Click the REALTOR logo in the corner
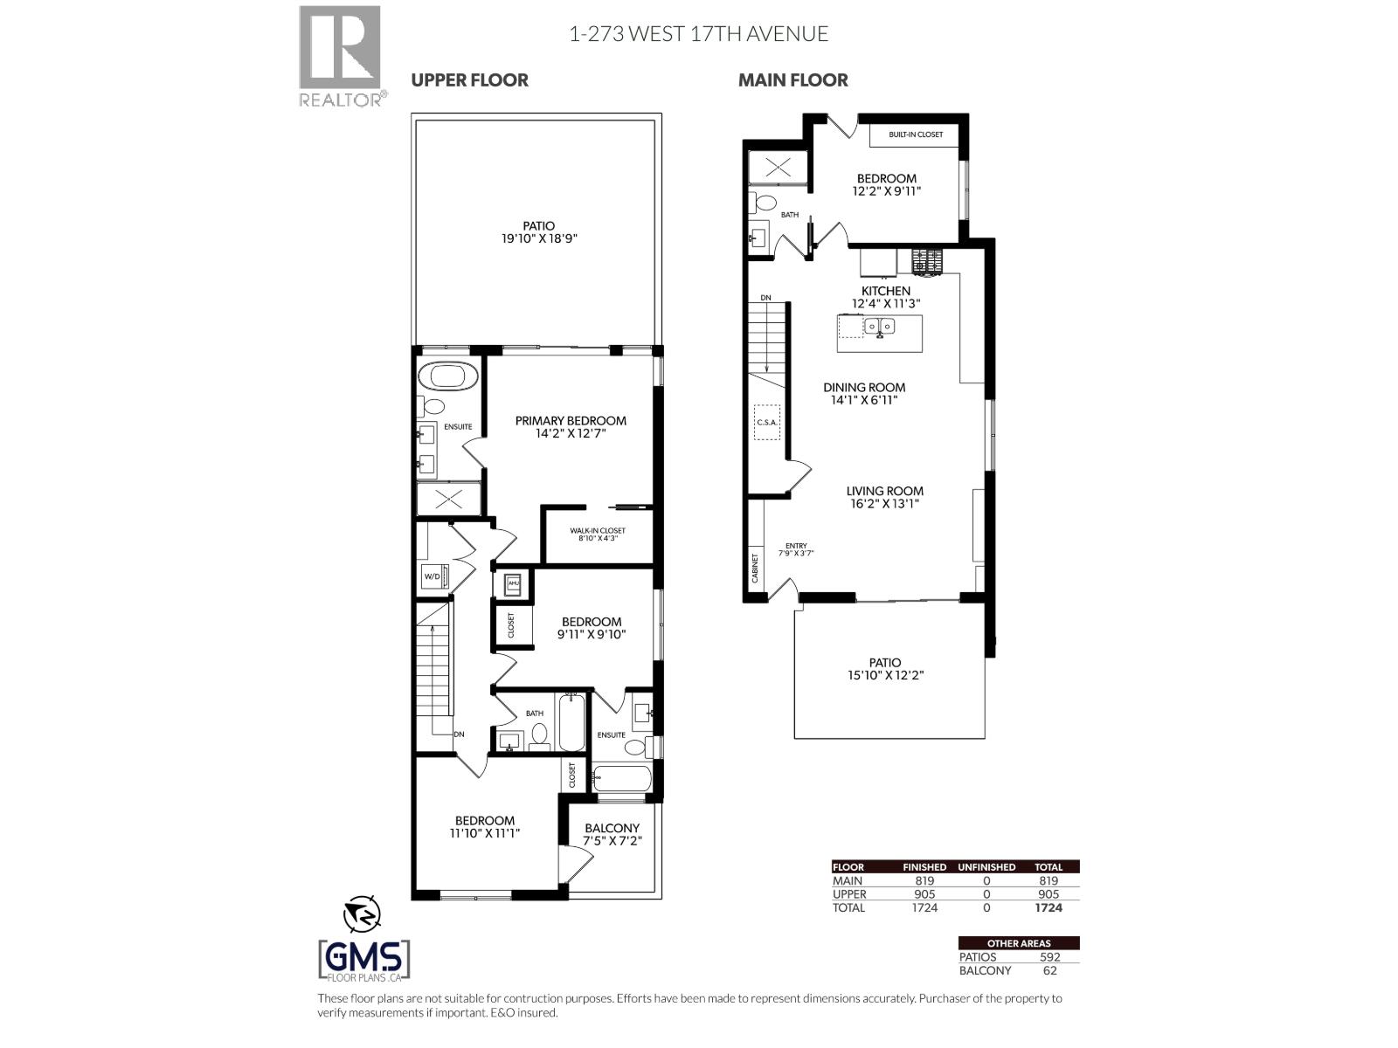(340, 56)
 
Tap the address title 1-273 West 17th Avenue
(698, 34)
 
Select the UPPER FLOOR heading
(469, 79)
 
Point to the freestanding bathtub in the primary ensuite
(447, 377)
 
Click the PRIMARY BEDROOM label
(571, 420)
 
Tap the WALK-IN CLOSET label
(598, 530)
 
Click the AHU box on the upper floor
(514, 583)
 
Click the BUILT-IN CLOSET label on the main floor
(916, 134)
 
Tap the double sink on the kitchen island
(879, 327)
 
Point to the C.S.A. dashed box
(766, 422)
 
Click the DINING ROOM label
(864, 387)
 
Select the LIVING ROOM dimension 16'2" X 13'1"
(884, 504)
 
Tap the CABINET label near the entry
(755, 568)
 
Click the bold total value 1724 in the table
(1048, 907)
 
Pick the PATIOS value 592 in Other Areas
(1048, 956)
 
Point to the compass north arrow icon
(362, 914)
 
